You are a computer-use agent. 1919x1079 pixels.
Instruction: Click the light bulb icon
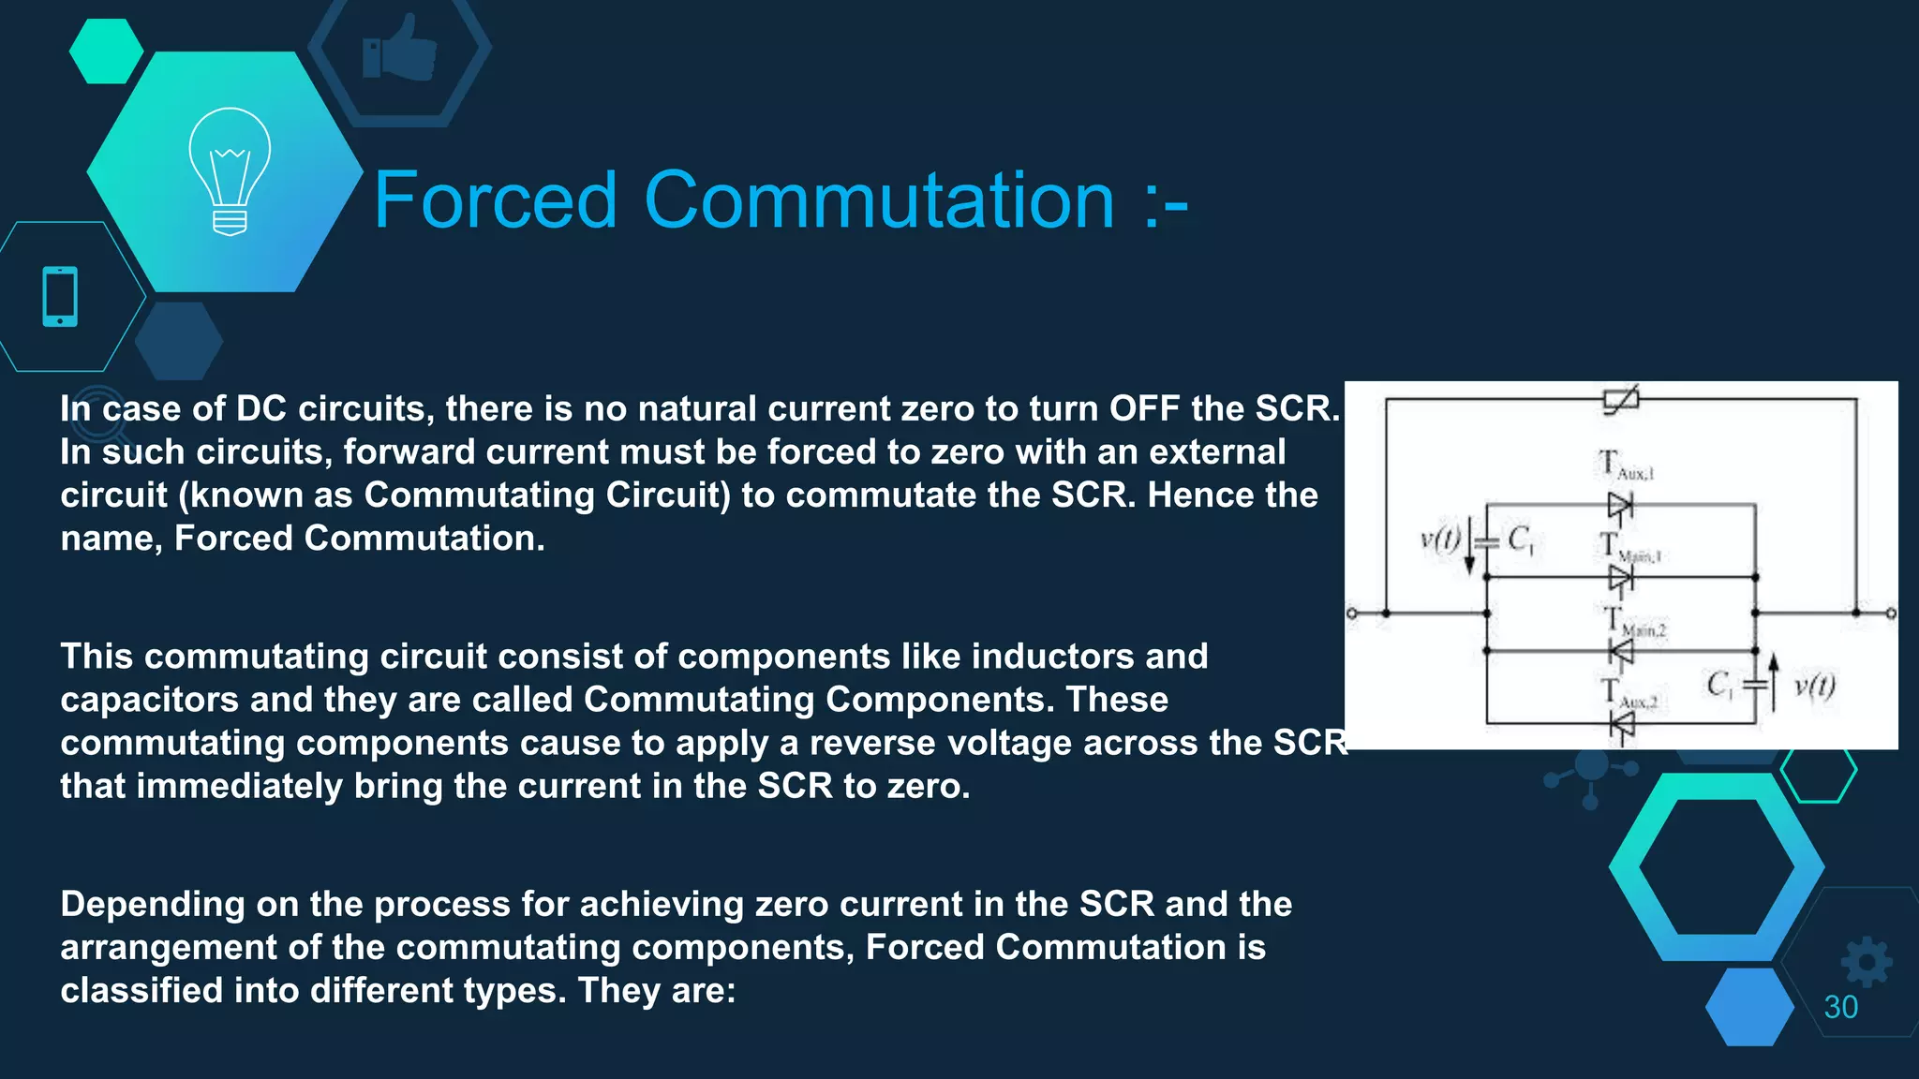point(230,171)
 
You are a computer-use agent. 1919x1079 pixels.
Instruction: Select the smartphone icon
point(60,297)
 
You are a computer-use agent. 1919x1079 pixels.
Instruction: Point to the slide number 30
point(1840,1007)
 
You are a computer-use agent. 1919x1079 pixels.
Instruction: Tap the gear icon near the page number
point(1866,962)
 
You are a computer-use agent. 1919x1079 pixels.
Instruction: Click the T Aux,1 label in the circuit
point(1626,466)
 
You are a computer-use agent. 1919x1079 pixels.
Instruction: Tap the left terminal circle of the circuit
point(1351,613)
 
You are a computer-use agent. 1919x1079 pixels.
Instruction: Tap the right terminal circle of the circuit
point(1891,613)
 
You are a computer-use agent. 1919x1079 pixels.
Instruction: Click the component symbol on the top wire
point(1621,400)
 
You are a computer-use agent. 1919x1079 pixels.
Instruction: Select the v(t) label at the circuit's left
point(1440,539)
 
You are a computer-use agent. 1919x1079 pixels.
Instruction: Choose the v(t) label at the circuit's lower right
point(1814,687)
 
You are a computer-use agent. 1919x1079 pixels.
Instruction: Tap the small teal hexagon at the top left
point(106,51)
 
